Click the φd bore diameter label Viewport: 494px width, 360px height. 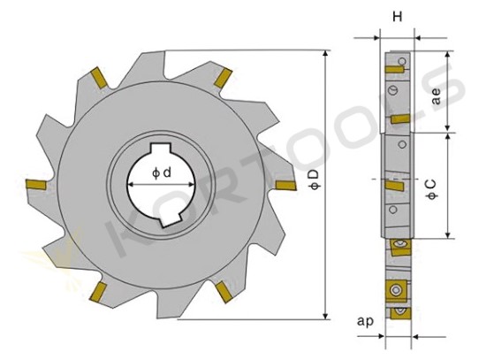pos(162,172)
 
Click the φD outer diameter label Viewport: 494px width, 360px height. pos(315,180)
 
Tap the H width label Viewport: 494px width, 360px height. pos(398,17)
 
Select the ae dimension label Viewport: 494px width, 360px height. pos(436,96)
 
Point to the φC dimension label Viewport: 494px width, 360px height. pos(431,189)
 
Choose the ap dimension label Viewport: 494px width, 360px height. pos(365,322)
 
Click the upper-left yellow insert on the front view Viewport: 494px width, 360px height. pos(100,78)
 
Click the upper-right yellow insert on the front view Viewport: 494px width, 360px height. pos(223,78)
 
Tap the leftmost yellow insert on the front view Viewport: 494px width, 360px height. pos(36,184)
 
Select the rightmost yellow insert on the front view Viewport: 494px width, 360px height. pos(285,186)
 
